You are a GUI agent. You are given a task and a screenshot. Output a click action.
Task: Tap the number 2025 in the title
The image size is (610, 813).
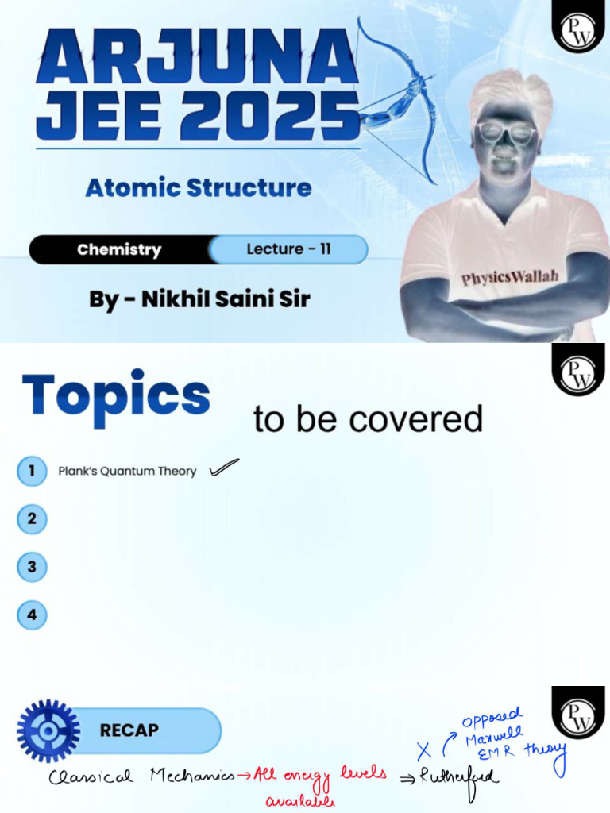pos(270,117)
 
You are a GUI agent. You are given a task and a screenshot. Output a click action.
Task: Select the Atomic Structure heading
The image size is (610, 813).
pos(198,188)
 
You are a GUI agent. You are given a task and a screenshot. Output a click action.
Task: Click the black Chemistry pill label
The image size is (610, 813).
pos(119,249)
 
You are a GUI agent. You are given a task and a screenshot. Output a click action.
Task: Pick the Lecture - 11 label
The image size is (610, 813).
pos(288,249)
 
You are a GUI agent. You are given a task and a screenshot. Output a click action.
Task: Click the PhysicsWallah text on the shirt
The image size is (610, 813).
pos(510,277)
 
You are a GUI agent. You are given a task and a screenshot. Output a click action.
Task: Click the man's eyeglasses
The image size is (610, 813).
pos(505,133)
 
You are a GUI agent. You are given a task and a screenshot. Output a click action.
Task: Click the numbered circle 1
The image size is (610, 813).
pos(32,471)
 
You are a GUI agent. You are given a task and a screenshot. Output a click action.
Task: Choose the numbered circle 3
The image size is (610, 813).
pos(32,567)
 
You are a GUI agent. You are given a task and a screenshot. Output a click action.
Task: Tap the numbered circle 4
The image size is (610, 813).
pos(32,615)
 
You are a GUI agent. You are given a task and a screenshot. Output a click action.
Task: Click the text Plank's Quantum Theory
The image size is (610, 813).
pos(127,472)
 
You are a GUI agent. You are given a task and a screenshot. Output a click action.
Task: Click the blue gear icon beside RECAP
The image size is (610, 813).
pos(48,730)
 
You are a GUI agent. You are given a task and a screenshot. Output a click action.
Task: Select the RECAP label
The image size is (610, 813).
pos(129,730)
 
